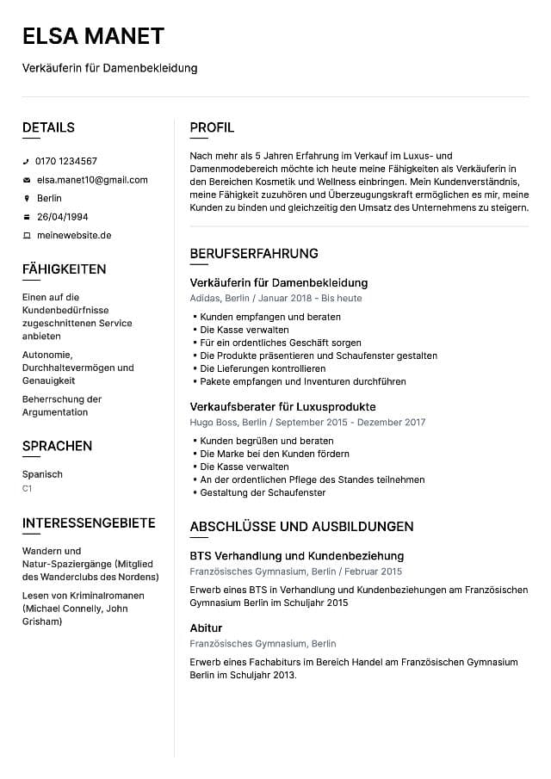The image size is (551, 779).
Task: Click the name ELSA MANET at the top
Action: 93,36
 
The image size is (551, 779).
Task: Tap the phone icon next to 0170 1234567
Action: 26,162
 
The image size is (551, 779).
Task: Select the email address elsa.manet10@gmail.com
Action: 91,180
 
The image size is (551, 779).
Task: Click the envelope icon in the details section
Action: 26,181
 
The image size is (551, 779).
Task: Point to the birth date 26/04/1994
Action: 62,217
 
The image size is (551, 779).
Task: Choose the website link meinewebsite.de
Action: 74,235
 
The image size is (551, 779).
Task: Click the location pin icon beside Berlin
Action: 26,199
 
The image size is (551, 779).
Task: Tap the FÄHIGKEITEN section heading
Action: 64,269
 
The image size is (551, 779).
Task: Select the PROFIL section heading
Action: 212,128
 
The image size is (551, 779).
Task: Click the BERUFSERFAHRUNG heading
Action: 254,254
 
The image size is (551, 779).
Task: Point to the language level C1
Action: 28,488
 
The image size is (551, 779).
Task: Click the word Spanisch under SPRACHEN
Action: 42,474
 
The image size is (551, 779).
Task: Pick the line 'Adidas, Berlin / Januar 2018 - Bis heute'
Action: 275,299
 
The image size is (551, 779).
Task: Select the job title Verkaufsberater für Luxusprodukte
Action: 282,407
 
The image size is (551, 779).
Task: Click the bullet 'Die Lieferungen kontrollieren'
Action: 263,368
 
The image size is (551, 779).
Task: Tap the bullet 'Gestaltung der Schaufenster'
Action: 263,492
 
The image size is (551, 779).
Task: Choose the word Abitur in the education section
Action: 206,628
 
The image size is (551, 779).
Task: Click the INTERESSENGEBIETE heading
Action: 89,523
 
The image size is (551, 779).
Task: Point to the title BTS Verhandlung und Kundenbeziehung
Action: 296,556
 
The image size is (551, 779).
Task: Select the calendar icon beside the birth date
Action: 26,217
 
